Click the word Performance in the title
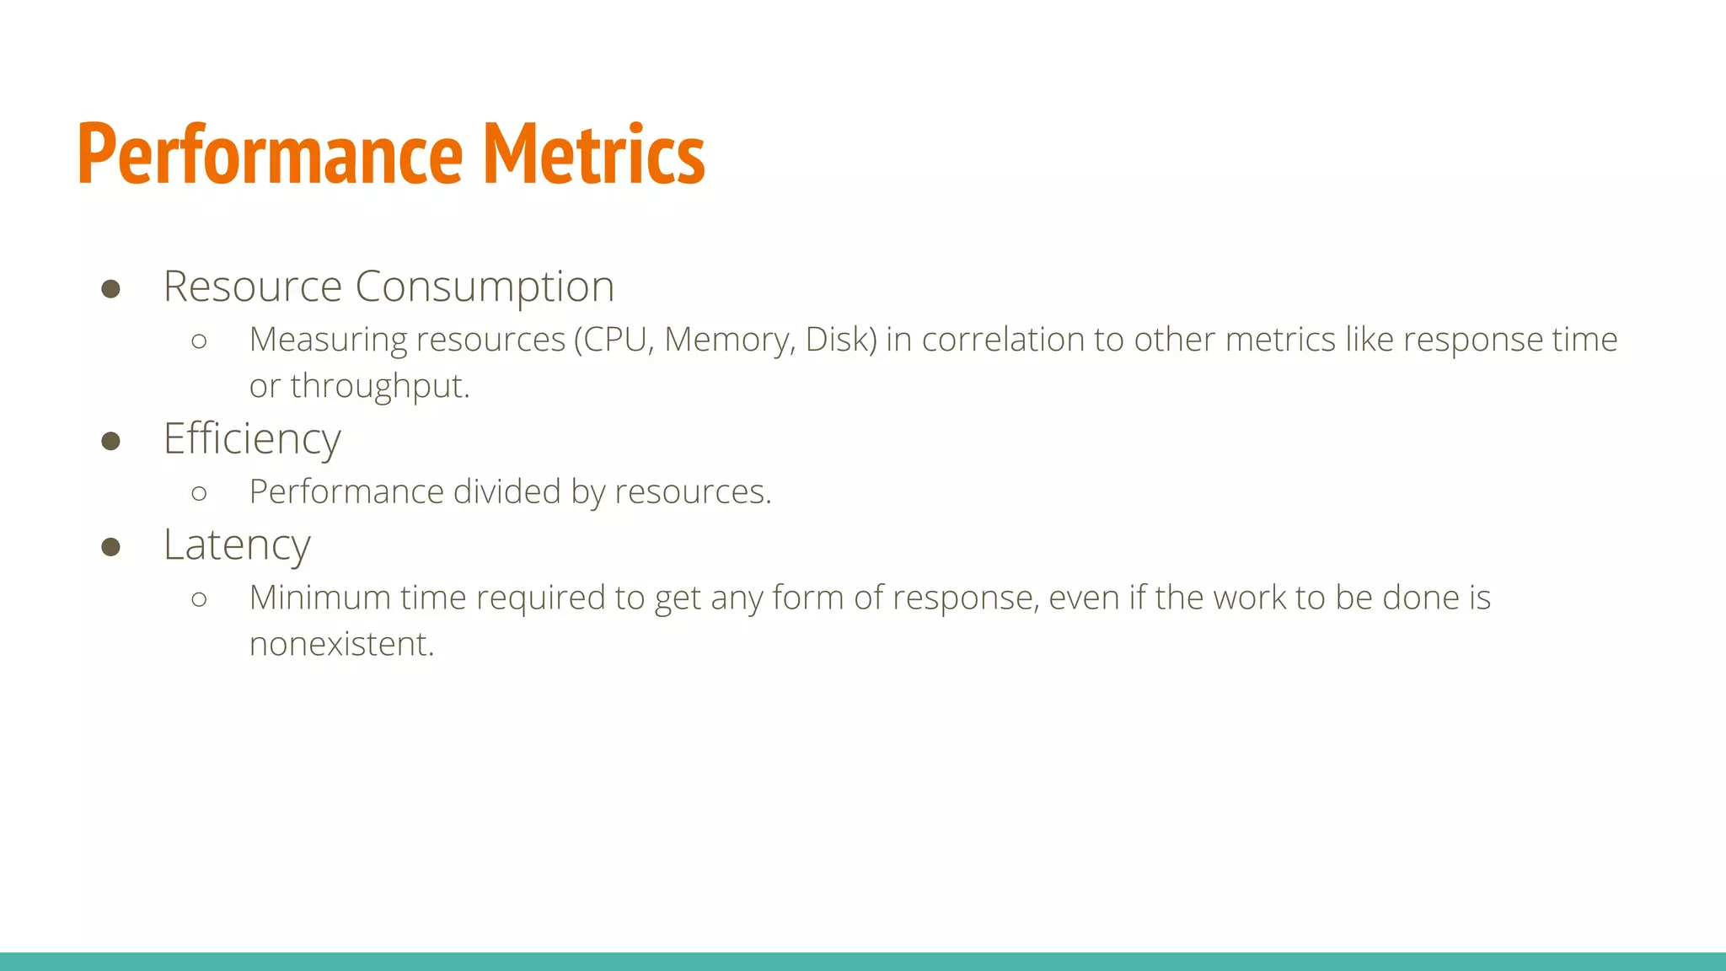(270, 154)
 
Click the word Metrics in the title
(593, 154)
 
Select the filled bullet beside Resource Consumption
(110, 289)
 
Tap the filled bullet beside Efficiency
(110, 441)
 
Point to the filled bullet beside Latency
(110, 547)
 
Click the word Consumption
(485, 287)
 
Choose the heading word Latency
(237, 545)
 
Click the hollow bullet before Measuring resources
(199, 341)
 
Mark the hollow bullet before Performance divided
(199, 493)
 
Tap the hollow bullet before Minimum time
(199, 599)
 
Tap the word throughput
(379, 387)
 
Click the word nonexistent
(341, 644)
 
